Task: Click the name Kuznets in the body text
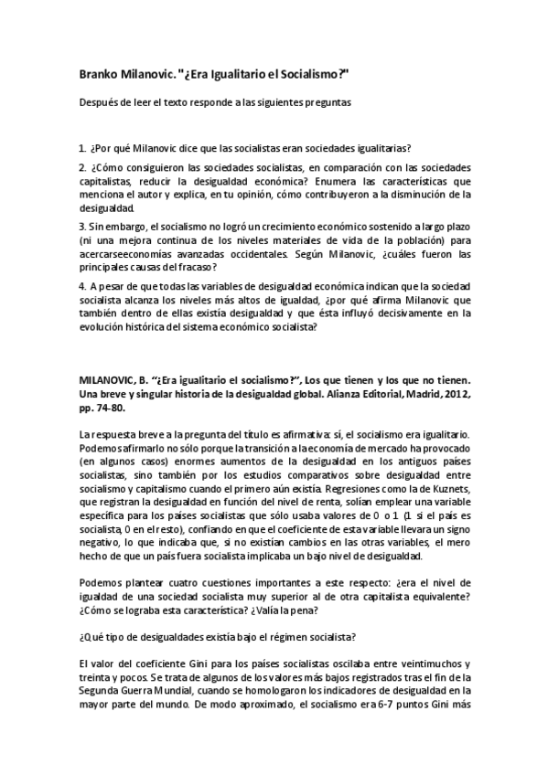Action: tap(443, 504)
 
